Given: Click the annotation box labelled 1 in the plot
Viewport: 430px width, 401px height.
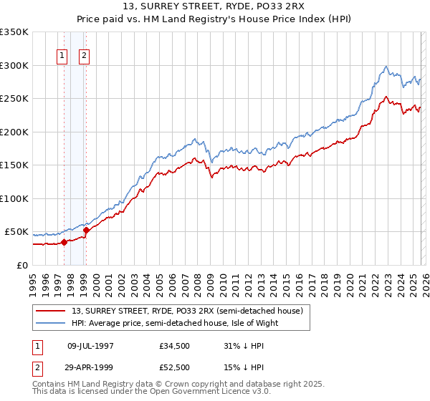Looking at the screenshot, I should pos(62,56).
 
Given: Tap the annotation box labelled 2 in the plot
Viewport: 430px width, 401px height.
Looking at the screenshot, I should pos(85,56).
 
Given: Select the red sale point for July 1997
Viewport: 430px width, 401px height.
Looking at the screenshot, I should pos(64,242).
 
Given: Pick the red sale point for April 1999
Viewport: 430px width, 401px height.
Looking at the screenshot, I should pos(86,230).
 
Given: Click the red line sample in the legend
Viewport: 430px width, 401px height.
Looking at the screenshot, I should pos(51,311).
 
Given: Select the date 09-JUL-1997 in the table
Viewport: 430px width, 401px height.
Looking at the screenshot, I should pos(90,345).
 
